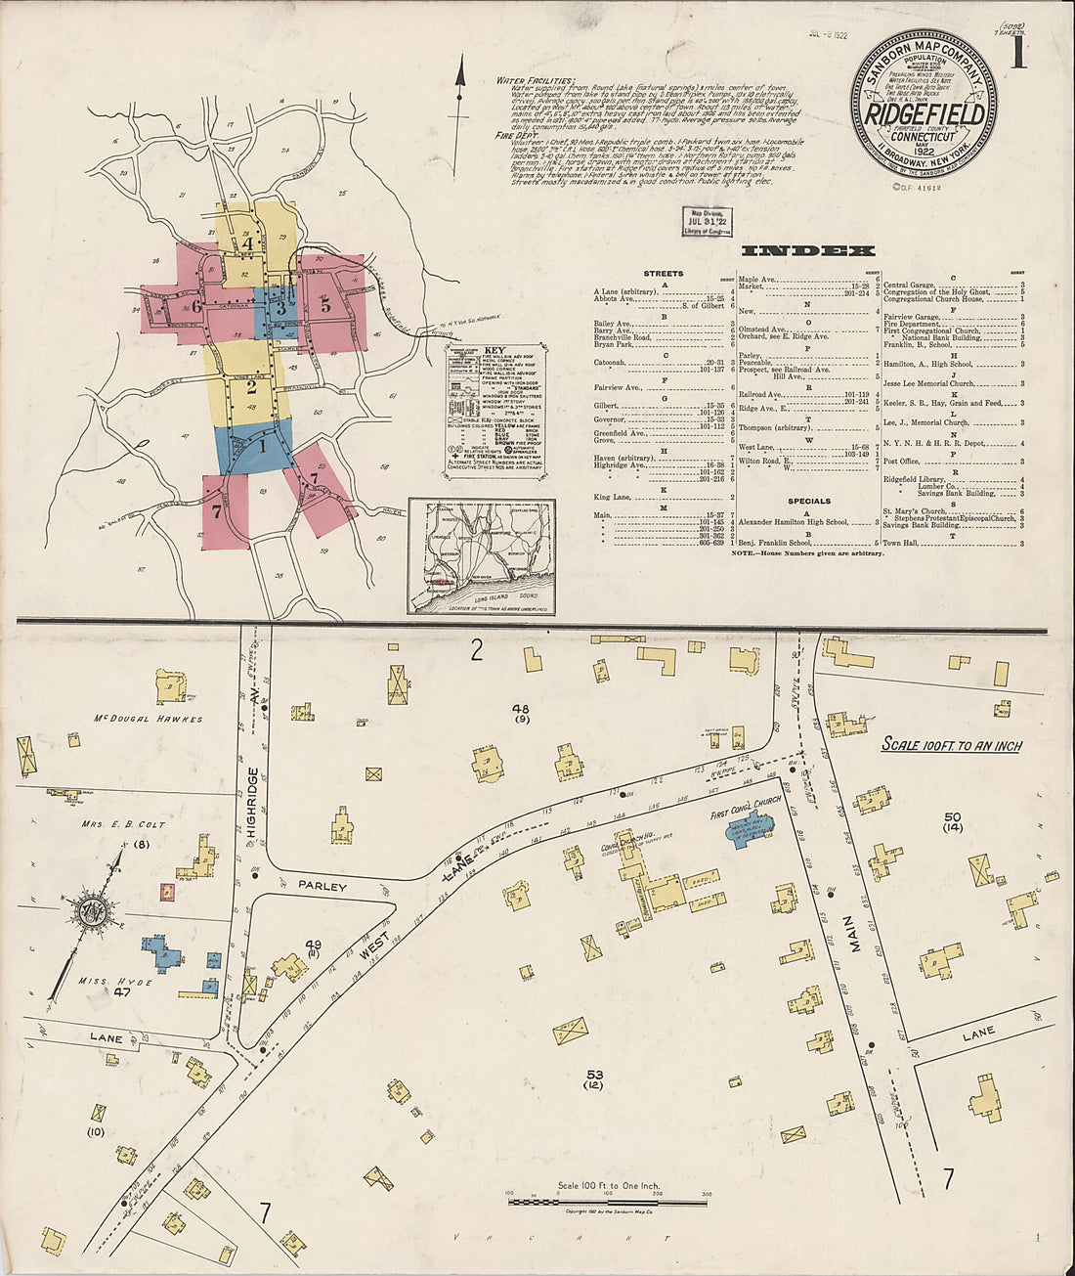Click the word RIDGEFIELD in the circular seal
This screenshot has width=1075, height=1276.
(923, 113)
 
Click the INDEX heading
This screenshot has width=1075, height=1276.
(808, 250)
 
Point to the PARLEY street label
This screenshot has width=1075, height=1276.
(322, 886)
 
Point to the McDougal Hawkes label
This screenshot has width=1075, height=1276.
(148, 719)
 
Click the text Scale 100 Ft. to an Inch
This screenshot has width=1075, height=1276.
(951, 745)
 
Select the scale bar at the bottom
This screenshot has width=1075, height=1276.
(606, 1200)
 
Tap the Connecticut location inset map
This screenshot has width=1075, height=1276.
(481, 556)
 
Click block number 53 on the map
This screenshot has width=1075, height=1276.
(594, 1075)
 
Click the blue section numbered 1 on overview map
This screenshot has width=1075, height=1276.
(260, 446)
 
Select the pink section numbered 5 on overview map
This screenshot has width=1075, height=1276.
(326, 304)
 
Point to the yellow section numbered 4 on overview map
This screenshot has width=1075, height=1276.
(248, 243)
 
